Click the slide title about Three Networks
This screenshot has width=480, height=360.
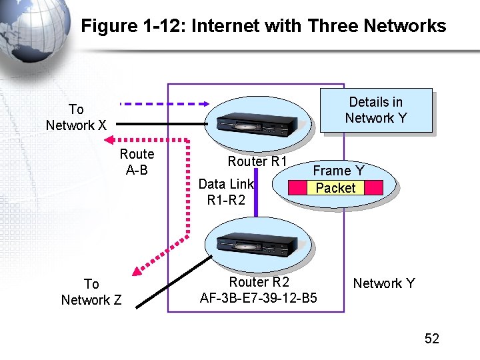tap(263, 26)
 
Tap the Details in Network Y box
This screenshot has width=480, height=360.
tap(376, 110)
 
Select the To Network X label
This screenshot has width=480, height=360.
tap(76, 117)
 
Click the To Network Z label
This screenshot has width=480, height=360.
tap(91, 292)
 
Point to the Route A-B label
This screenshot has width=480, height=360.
tap(137, 162)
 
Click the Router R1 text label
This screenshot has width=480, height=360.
tap(257, 161)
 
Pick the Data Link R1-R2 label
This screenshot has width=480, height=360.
tap(226, 191)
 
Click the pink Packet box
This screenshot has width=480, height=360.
tap(335, 188)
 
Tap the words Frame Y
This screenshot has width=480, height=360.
tap(339, 171)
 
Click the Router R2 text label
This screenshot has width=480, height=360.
tap(259, 282)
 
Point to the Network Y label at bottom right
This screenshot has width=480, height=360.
tap(384, 283)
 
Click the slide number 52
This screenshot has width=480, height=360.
tap(432, 339)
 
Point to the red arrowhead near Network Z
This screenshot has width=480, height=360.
tap(137, 270)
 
